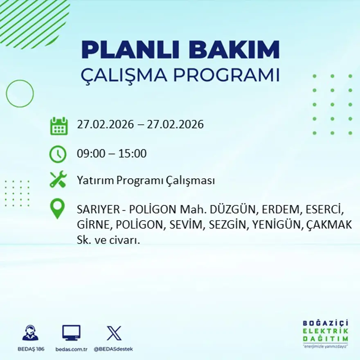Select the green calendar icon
tap(59, 126)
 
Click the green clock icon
tap(58, 154)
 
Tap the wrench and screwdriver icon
tap(58, 180)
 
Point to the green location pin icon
tap(57, 208)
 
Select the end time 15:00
tap(133, 154)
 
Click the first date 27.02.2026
tap(105, 124)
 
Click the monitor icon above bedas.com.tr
tap(71, 333)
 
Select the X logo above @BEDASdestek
tap(114, 333)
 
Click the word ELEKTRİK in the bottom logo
tap(326, 331)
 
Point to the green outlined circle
tap(20, 94)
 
